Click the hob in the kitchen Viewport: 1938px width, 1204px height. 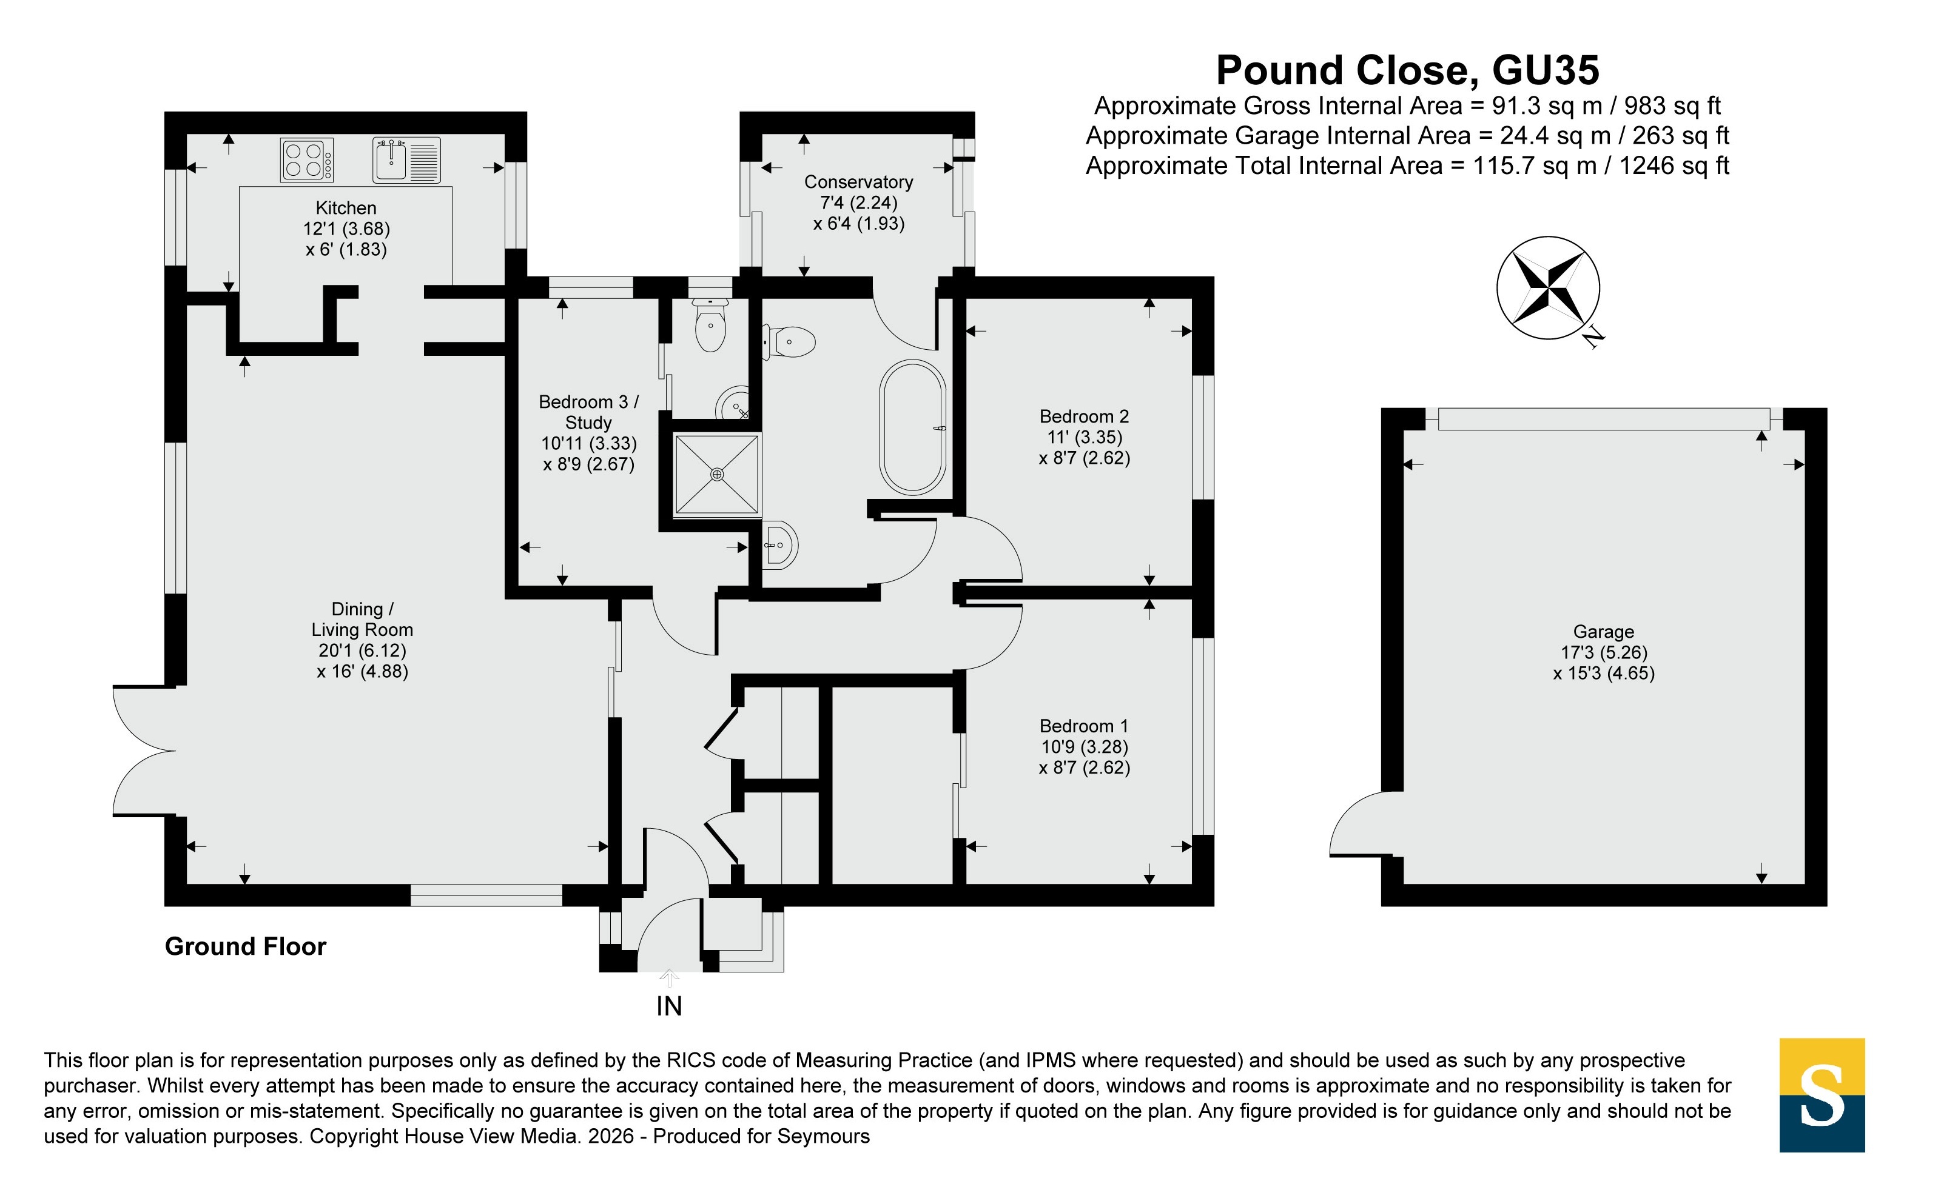(307, 160)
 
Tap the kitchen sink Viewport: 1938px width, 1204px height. (406, 160)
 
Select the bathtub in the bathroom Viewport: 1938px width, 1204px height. (913, 427)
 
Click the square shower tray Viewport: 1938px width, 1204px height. (717, 474)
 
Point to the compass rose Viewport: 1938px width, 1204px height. (1548, 287)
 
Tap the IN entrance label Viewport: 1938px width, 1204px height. (669, 1006)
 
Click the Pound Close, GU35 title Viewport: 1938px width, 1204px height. (1407, 70)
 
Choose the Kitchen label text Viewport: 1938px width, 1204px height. (346, 208)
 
